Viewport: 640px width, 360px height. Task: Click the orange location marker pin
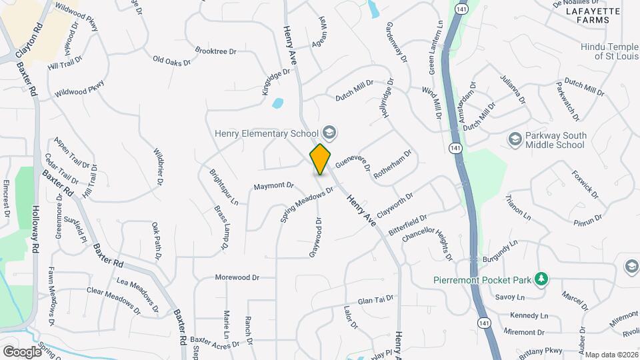click(x=321, y=159)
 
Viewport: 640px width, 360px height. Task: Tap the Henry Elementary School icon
click(x=329, y=132)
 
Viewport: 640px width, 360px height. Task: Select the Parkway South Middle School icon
click(x=515, y=138)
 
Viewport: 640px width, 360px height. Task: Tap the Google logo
click(x=21, y=351)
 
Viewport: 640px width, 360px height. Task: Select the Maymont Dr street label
click(x=273, y=185)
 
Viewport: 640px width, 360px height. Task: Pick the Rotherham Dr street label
click(x=393, y=163)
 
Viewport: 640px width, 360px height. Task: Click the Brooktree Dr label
click(x=216, y=50)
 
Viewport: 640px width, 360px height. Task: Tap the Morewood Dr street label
click(x=236, y=277)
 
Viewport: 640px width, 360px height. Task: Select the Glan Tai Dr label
click(x=376, y=300)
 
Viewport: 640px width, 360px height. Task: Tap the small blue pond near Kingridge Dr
click(x=277, y=103)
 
